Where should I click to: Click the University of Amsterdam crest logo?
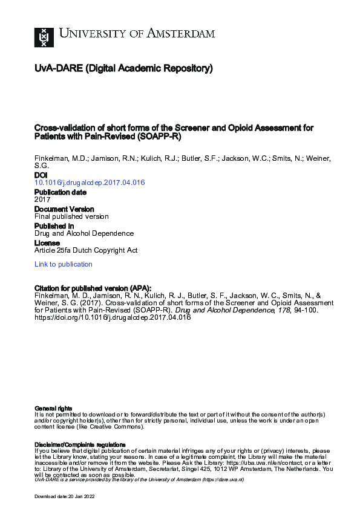(44, 37)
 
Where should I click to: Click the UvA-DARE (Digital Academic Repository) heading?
(123, 69)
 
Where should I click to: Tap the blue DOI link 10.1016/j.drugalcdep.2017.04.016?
(90, 183)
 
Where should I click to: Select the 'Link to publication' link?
(64, 264)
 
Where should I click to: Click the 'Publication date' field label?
(60, 192)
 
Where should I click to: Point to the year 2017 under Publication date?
(42, 199)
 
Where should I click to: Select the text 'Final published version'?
(71, 216)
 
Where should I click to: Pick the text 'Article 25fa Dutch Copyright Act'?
(85, 249)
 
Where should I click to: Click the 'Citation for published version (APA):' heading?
(93, 288)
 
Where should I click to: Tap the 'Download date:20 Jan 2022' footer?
(65, 496)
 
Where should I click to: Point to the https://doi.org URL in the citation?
(113, 318)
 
